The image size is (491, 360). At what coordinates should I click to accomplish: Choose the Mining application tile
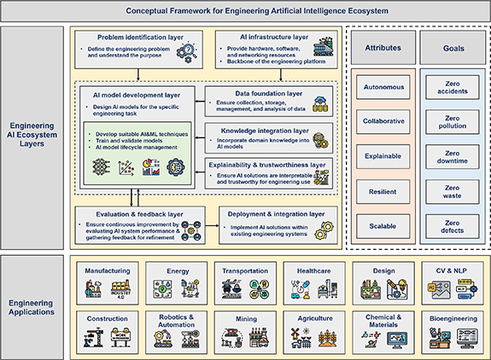coord(245,332)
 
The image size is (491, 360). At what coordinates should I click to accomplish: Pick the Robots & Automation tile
coord(176,332)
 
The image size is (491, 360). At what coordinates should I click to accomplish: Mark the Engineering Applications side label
coord(33,306)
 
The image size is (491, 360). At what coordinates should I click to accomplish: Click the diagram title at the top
coord(244,12)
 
